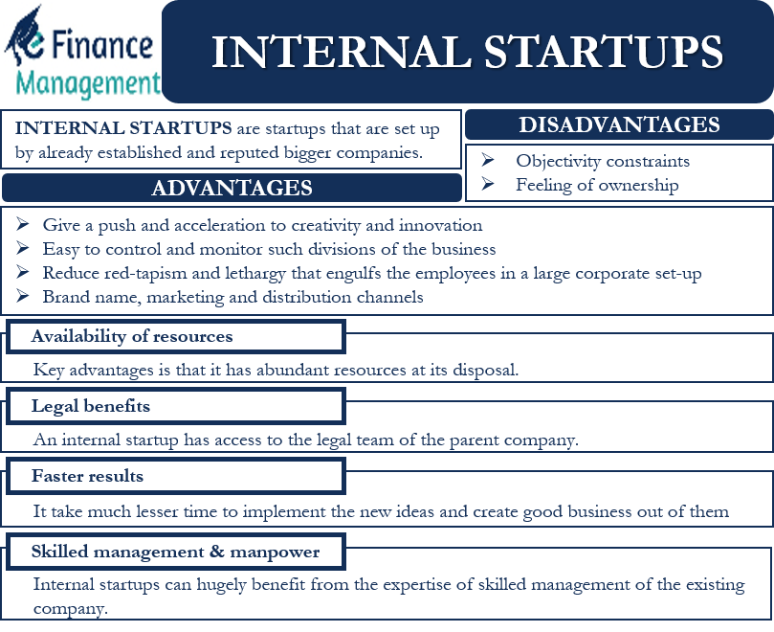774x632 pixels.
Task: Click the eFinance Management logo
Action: tap(81, 53)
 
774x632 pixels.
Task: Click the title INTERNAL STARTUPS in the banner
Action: tap(466, 52)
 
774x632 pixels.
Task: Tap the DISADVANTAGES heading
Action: tap(619, 125)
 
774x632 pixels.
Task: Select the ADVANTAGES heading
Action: tap(232, 188)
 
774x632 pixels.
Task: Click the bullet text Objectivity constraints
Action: tap(603, 161)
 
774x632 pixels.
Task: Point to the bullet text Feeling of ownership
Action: tap(597, 185)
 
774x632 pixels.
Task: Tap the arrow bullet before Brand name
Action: tap(22, 297)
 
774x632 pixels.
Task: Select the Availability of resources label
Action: tap(132, 336)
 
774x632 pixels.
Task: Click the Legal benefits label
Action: tap(91, 406)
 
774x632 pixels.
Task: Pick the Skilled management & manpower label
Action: tap(175, 552)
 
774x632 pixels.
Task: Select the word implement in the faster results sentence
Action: tap(287, 510)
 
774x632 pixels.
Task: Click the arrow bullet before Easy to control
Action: tap(22, 249)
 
